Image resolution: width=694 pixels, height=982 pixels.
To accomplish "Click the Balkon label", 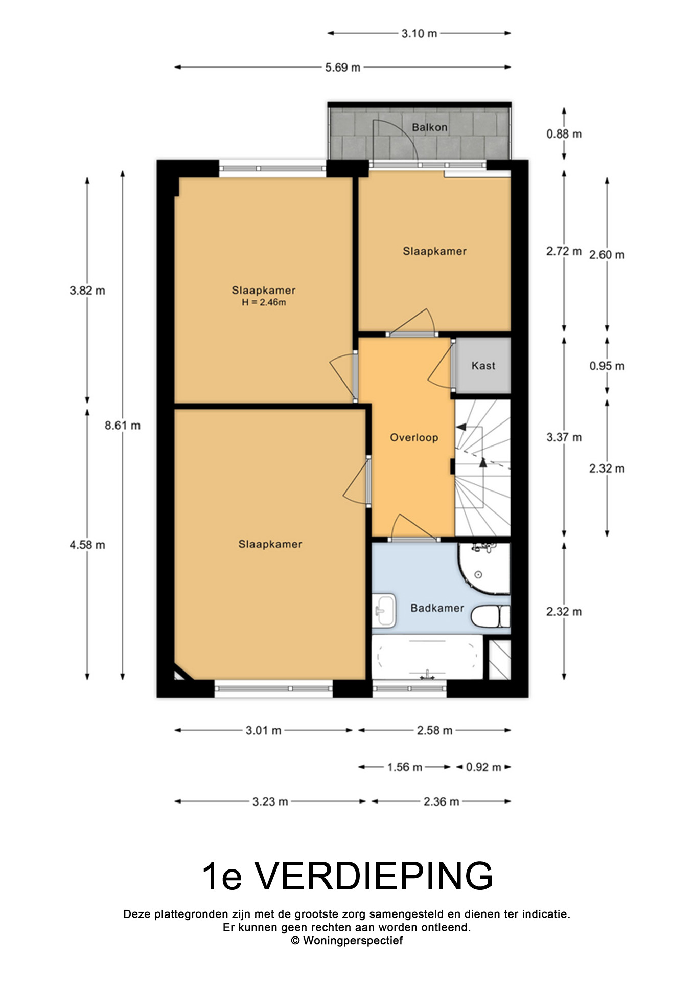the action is [429, 127].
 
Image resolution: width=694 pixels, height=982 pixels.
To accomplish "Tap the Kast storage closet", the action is [483, 365].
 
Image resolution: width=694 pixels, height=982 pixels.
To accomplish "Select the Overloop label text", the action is [414, 438].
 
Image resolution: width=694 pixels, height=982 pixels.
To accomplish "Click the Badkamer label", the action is [437, 608].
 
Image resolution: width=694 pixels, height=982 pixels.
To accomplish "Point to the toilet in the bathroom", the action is [490, 616].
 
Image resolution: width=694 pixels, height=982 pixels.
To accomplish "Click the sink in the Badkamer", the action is [384, 610].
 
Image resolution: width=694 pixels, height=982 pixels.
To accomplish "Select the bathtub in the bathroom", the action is [427, 658].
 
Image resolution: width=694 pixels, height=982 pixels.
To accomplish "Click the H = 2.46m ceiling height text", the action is [264, 302].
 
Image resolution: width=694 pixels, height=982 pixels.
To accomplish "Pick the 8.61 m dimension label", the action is [123, 426].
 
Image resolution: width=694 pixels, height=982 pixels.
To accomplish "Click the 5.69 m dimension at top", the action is [342, 67].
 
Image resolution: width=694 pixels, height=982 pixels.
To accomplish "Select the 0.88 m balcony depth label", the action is [564, 134].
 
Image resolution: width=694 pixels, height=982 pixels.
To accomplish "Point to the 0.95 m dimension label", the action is [607, 366].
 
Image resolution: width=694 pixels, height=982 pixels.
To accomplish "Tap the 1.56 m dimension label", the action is [404, 767].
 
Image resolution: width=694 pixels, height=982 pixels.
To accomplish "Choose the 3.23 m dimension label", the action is [270, 802].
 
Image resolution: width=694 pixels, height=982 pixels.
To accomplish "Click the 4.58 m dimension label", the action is [87, 545].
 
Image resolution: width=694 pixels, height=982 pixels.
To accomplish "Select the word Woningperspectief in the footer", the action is [353, 941].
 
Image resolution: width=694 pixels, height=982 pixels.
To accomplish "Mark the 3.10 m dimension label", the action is [419, 34].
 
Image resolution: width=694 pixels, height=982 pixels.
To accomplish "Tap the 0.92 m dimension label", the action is [483, 767].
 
